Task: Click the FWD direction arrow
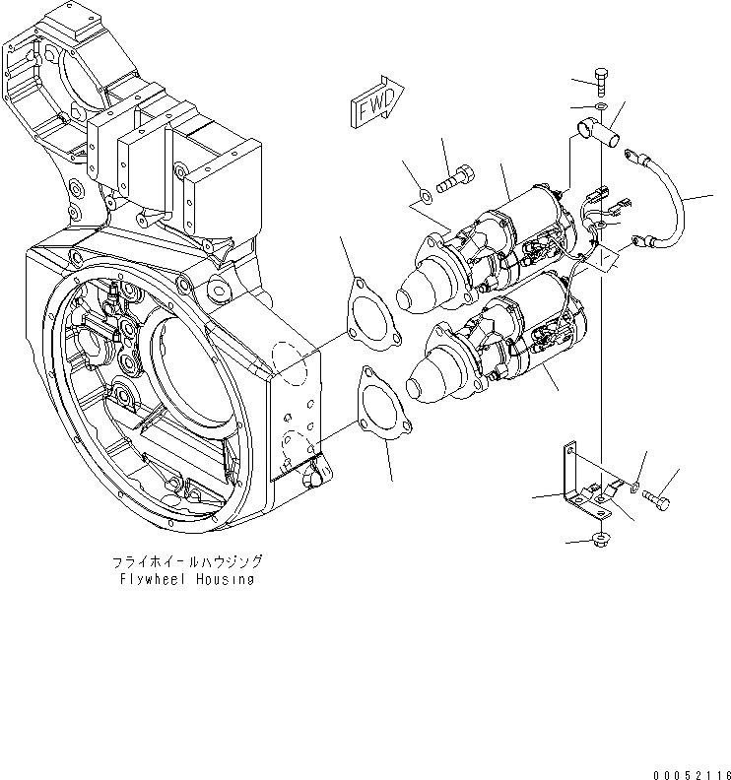(374, 101)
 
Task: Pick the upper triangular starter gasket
(371, 312)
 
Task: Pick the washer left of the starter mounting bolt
(424, 193)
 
